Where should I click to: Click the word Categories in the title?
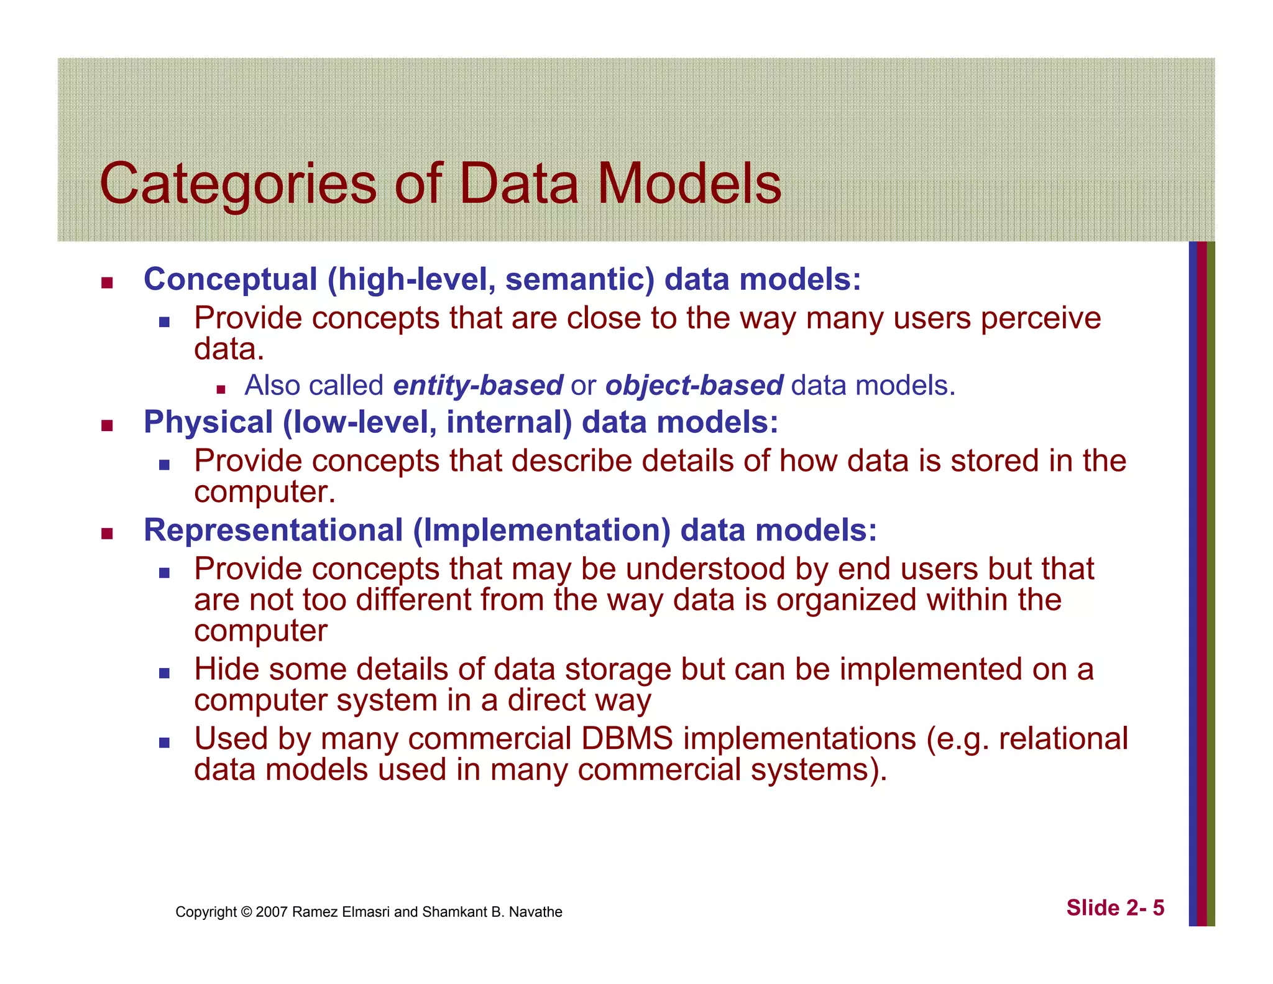tap(237, 184)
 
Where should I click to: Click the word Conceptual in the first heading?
tap(231, 279)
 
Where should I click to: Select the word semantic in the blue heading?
tap(579, 279)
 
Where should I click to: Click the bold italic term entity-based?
tap(478, 386)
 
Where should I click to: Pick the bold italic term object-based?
tap(694, 386)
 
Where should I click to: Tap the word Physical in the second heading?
tap(208, 422)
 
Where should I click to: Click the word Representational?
tap(273, 531)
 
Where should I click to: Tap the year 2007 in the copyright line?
tap(272, 912)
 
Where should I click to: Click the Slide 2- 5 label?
tap(1115, 908)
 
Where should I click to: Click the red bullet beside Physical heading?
tap(107, 426)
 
